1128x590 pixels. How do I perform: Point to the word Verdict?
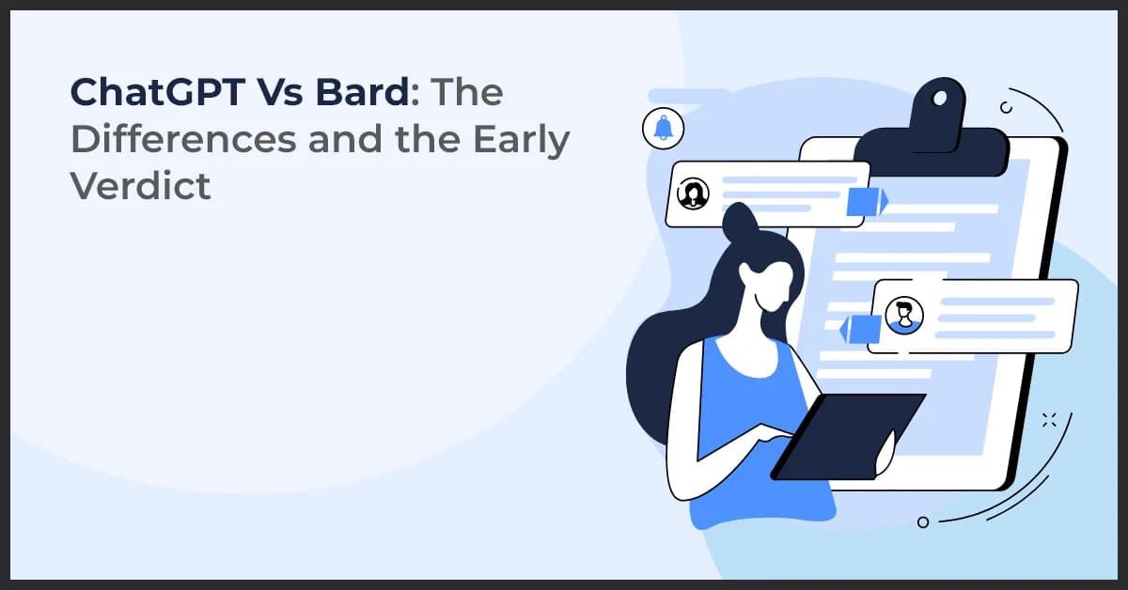click(140, 186)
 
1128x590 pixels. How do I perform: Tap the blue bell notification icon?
click(664, 128)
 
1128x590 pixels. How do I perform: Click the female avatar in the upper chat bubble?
click(693, 193)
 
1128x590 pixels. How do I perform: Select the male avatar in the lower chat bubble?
click(904, 315)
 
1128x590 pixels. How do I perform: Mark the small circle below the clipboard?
click(922, 521)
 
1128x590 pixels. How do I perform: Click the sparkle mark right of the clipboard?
click(1050, 419)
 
